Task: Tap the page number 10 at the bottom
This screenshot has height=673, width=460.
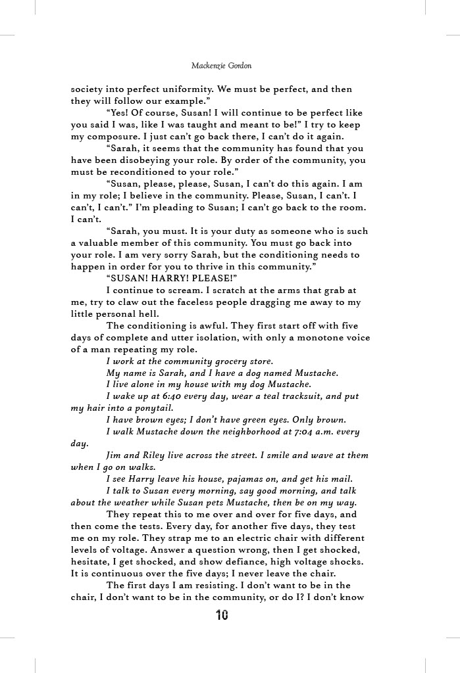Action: [222, 615]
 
